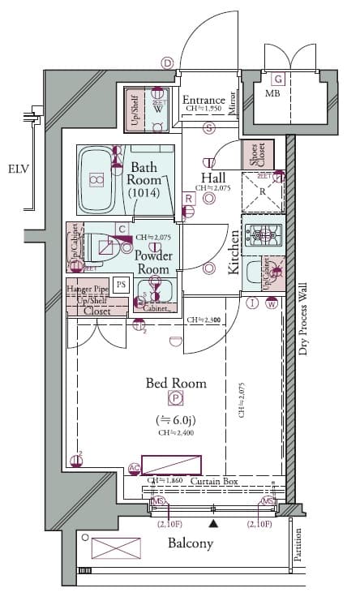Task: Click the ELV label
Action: [x=19, y=170]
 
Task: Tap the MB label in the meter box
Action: [x=272, y=93]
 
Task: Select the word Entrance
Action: [x=204, y=100]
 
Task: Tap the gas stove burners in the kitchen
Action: [x=262, y=236]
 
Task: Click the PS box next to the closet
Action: [x=121, y=284]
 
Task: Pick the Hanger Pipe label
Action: [x=88, y=289]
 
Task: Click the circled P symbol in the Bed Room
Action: [x=175, y=397]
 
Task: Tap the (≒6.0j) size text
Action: [x=175, y=419]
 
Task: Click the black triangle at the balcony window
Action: [x=212, y=524]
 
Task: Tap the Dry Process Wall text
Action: [x=302, y=319]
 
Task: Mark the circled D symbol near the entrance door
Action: [x=167, y=62]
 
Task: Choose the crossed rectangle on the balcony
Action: [x=110, y=570]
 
